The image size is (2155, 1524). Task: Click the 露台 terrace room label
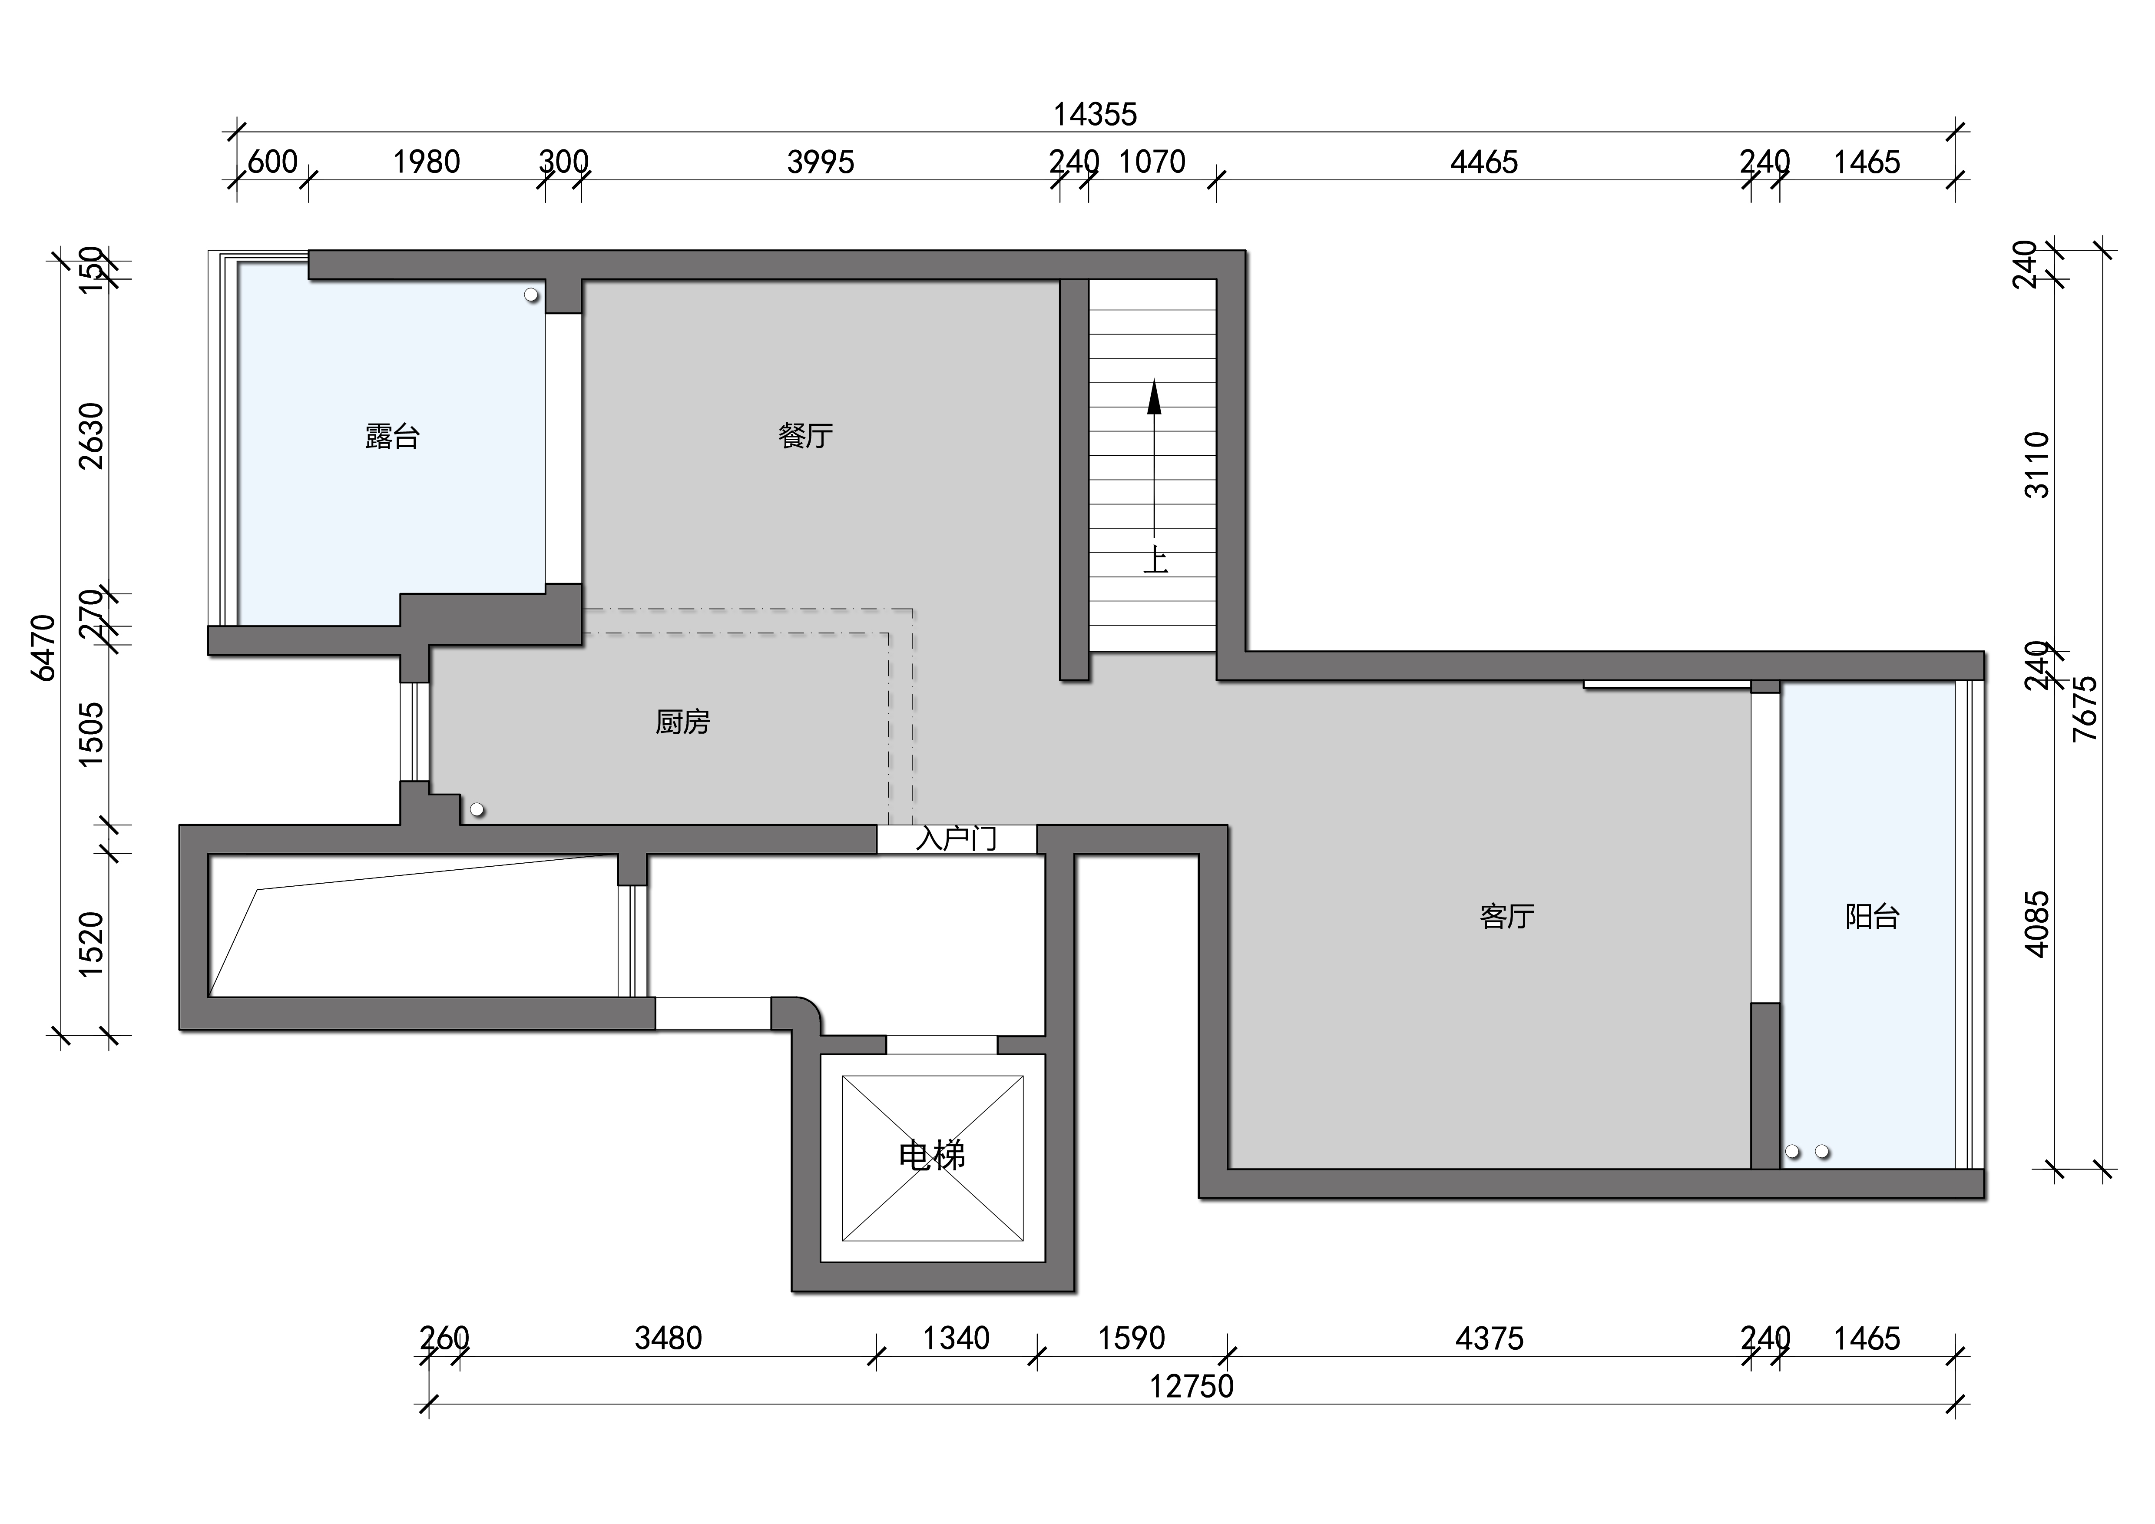coord(392,436)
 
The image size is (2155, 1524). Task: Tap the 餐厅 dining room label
coord(805,435)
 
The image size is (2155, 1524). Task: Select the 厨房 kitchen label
coord(682,722)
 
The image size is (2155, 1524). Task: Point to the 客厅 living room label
coord(1506,916)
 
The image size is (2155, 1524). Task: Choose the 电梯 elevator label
coord(932,1155)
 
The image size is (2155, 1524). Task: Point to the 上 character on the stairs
coord(1155,561)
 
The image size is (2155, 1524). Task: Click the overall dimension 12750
coord(1192,1386)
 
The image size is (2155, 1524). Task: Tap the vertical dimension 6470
coord(44,647)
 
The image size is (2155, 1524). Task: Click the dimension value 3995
coord(820,162)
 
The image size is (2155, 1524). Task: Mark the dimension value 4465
coord(1484,162)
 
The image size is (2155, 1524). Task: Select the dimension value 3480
coord(668,1338)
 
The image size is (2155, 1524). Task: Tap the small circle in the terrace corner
coord(531,295)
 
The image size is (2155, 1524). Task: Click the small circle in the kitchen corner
coord(477,809)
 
